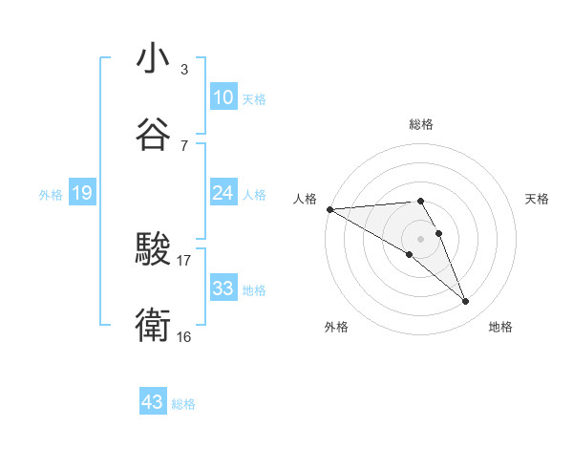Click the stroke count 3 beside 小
(x=183, y=70)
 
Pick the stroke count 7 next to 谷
(x=183, y=145)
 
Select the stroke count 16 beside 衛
(x=184, y=336)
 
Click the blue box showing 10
(x=223, y=96)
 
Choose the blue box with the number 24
(x=223, y=193)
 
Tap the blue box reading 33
(x=223, y=288)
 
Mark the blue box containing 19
(x=81, y=193)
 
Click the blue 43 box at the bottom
(x=152, y=402)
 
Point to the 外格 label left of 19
(x=51, y=194)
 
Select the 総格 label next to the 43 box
(x=183, y=404)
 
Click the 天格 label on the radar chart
(x=537, y=199)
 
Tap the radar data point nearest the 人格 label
(x=329, y=209)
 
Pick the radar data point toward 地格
(x=466, y=302)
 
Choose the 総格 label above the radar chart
(x=421, y=124)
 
